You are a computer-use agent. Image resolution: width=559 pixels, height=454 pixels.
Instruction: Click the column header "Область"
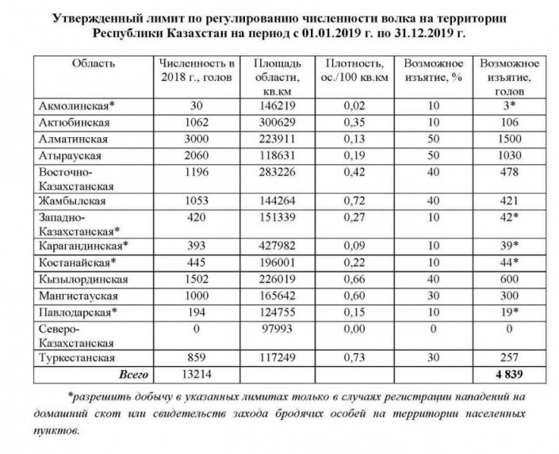94,63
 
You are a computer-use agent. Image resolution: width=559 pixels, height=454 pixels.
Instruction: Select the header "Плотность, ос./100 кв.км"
350,70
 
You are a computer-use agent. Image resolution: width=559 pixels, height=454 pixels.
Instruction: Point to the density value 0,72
350,201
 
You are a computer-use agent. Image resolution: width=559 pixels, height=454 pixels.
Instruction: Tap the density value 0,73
350,357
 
